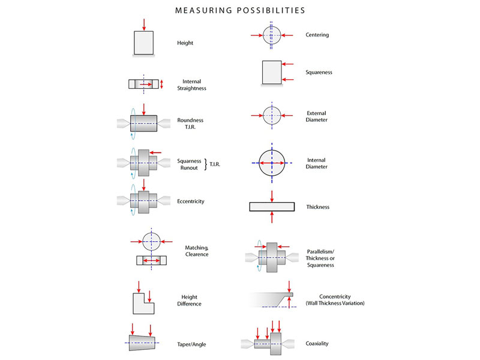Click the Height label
point(185,43)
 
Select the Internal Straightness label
point(191,85)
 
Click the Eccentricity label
point(191,201)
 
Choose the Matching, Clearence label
point(197,251)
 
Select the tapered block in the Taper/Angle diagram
point(143,341)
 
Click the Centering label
point(317,35)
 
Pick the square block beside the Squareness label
point(272,72)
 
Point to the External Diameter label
point(316,116)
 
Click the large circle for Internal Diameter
point(272,163)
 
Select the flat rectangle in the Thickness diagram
point(272,207)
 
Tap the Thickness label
point(317,207)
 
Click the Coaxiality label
point(317,343)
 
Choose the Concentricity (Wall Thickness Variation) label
point(335,300)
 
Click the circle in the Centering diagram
point(272,35)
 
